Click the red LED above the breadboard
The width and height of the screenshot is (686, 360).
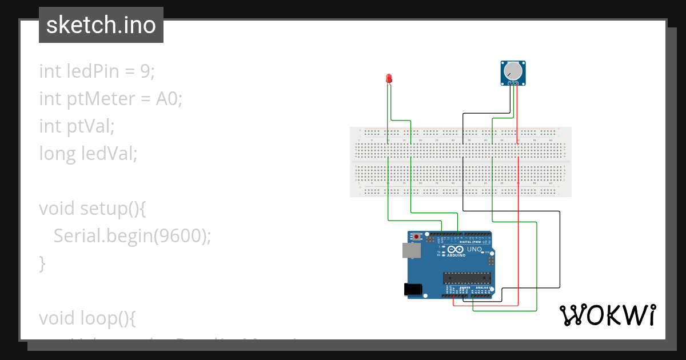389,78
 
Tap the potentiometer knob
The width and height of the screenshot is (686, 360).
513,71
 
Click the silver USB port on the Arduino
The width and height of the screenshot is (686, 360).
410,250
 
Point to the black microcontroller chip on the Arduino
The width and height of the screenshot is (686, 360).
467,278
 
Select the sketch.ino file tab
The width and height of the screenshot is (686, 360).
101,25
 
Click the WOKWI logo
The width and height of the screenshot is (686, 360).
607,315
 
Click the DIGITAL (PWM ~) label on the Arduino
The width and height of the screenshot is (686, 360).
472,242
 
